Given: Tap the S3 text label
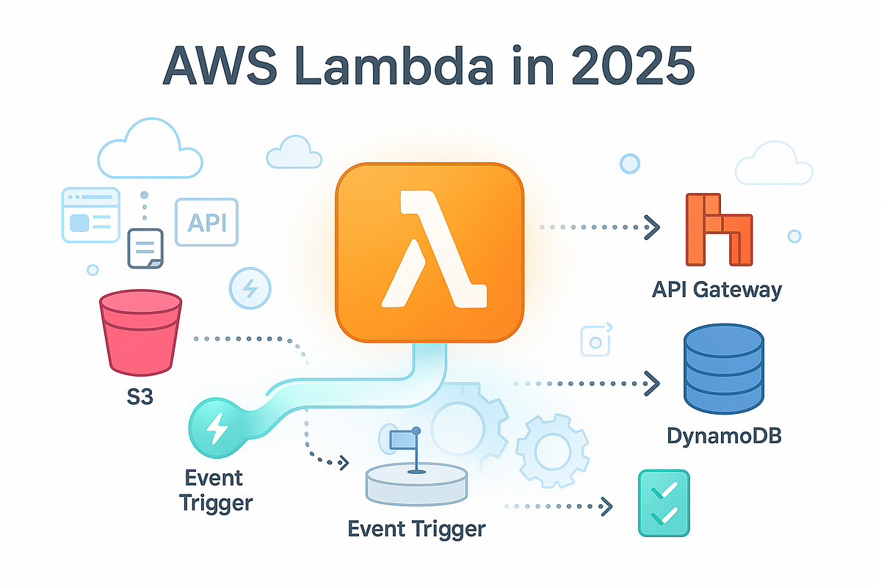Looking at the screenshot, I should [139, 401].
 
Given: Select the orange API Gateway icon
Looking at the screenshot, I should [717, 229].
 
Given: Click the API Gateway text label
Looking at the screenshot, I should [717, 289].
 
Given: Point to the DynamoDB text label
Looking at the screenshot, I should [724, 435].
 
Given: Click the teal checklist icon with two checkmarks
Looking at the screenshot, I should [664, 505].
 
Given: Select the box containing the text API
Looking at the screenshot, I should [207, 222].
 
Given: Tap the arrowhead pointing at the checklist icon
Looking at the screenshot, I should [606, 505].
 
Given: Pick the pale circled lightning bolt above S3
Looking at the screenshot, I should [250, 287].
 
